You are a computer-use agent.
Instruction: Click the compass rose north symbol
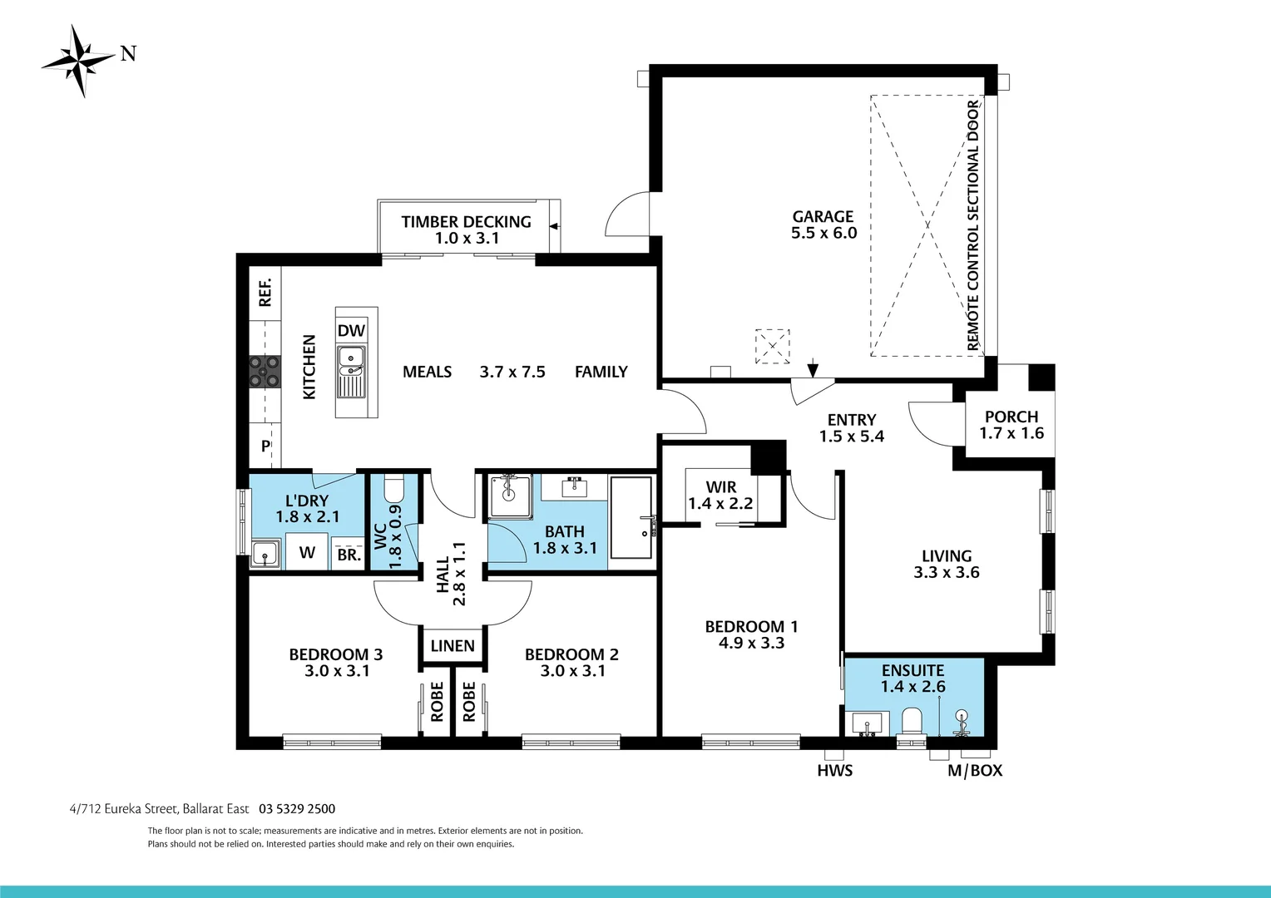(x=80, y=60)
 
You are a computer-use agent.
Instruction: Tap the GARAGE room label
(x=823, y=216)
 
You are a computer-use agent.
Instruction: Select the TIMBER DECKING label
(x=466, y=222)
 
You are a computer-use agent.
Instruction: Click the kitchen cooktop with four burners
(x=265, y=372)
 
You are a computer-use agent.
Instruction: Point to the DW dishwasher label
(x=351, y=330)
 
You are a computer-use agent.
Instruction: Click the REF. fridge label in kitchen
(x=265, y=293)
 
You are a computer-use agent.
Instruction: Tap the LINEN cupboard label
(x=453, y=645)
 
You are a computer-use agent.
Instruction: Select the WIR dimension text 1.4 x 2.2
(x=720, y=503)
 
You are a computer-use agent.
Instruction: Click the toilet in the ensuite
(x=912, y=721)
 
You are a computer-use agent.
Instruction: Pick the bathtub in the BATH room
(x=631, y=517)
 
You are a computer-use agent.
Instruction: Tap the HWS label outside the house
(x=834, y=770)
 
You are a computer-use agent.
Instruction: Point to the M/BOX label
(x=975, y=770)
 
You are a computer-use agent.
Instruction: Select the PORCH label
(x=1011, y=417)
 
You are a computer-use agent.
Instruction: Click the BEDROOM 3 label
(x=336, y=654)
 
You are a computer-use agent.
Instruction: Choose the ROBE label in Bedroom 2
(x=469, y=702)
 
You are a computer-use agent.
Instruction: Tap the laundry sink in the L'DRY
(x=265, y=553)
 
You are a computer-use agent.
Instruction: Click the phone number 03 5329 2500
(x=297, y=808)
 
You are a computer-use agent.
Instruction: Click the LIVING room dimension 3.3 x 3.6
(x=947, y=572)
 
